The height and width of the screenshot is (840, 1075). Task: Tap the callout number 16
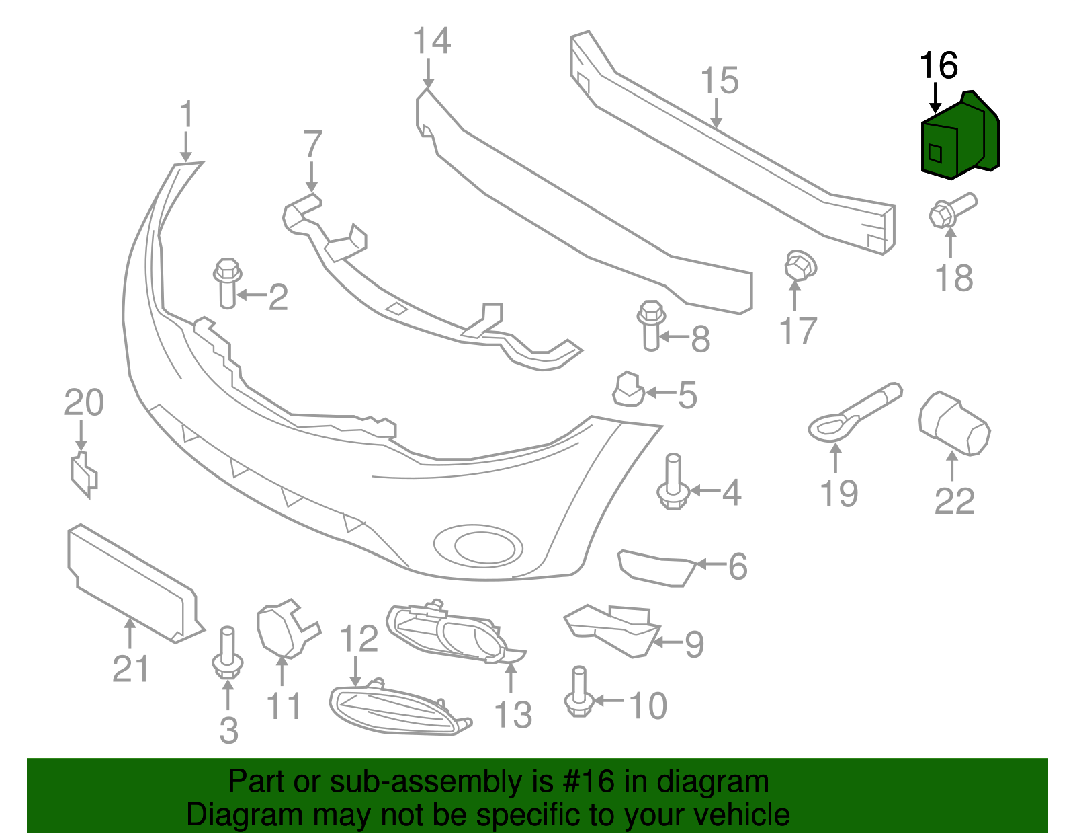click(x=938, y=66)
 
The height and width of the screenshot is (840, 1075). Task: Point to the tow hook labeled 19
click(x=850, y=413)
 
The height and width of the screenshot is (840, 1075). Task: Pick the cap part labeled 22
click(x=954, y=424)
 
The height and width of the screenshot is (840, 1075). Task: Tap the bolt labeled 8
click(x=650, y=325)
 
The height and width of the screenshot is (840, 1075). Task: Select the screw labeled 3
click(x=227, y=652)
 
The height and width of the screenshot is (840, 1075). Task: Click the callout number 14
click(x=431, y=42)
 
